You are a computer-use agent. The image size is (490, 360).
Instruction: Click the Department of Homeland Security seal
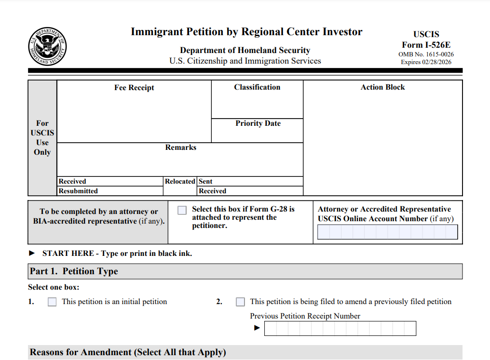pos(47,47)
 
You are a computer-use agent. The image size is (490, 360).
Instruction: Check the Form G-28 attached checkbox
pos(182,210)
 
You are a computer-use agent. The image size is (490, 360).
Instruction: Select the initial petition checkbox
pos(52,302)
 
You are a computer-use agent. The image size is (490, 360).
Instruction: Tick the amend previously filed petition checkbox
pos(240,302)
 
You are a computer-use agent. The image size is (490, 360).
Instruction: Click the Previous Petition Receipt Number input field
pos(340,328)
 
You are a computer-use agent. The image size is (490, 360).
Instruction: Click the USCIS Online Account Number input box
pos(387,232)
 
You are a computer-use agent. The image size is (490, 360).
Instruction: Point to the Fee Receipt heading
pos(134,88)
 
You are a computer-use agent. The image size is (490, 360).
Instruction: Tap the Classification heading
pos(257,87)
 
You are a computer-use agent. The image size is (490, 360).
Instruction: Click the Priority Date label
pos(258,123)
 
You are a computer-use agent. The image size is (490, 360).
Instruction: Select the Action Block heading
pos(382,87)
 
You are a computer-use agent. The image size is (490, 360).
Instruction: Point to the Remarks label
pos(180,147)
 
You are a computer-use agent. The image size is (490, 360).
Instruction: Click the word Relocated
pos(180,182)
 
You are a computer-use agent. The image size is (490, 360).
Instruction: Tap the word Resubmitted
pos(78,191)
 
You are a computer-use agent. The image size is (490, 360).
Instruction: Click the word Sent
pos(205,182)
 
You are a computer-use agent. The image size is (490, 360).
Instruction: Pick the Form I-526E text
pos(426,45)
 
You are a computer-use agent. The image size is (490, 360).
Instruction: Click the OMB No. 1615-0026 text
pos(426,54)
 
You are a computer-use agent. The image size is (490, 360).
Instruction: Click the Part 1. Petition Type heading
pos(74,271)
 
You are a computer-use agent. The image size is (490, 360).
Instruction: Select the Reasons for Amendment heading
pos(128,352)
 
